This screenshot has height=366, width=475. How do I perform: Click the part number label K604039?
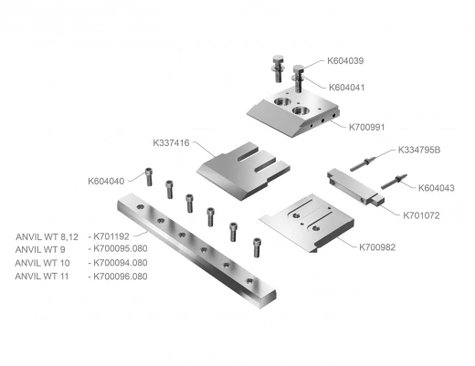pos(345,61)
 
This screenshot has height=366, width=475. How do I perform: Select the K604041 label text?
pos(346,88)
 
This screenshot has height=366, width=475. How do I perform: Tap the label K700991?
pos(366,127)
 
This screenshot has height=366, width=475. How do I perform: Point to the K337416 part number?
pos(171,143)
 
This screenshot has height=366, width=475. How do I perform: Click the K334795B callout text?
pos(419,150)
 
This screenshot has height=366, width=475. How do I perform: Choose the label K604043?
pos(436,188)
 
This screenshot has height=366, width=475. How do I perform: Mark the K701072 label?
pos(421,215)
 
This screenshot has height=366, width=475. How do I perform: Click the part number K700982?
pos(377,247)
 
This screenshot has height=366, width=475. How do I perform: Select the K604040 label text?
pos(106,182)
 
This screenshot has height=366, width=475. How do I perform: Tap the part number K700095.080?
pos(121,248)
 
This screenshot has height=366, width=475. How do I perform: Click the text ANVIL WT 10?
pos(42,263)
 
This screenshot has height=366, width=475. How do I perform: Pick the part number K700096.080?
pos(121,277)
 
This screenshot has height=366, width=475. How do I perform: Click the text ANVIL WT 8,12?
pos(47,236)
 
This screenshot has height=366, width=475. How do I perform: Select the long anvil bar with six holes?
pos(196,250)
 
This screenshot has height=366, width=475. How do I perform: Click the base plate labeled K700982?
pos(307,223)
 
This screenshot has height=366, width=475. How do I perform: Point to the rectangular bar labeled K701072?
pos(355,187)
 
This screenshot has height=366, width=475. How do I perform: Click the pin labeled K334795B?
pos(363,164)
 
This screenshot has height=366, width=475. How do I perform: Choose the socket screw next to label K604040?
pos(149,177)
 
